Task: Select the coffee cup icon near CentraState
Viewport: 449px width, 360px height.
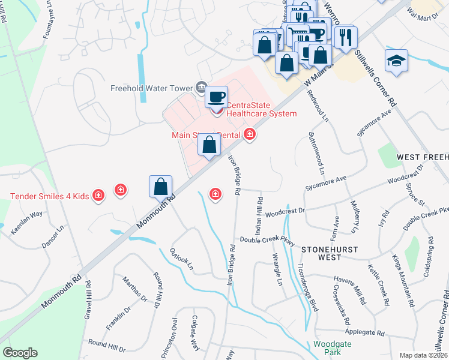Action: (x=216, y=95)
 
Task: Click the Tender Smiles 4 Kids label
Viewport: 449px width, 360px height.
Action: (x=50, y=196)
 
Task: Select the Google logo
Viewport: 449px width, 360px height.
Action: (x=20, y=353)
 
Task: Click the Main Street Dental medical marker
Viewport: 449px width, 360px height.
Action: (x=249, y=135)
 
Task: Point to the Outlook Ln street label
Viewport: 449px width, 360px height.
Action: (x=182, y=258)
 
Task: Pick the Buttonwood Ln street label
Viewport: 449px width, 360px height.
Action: (x=316, y=153)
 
